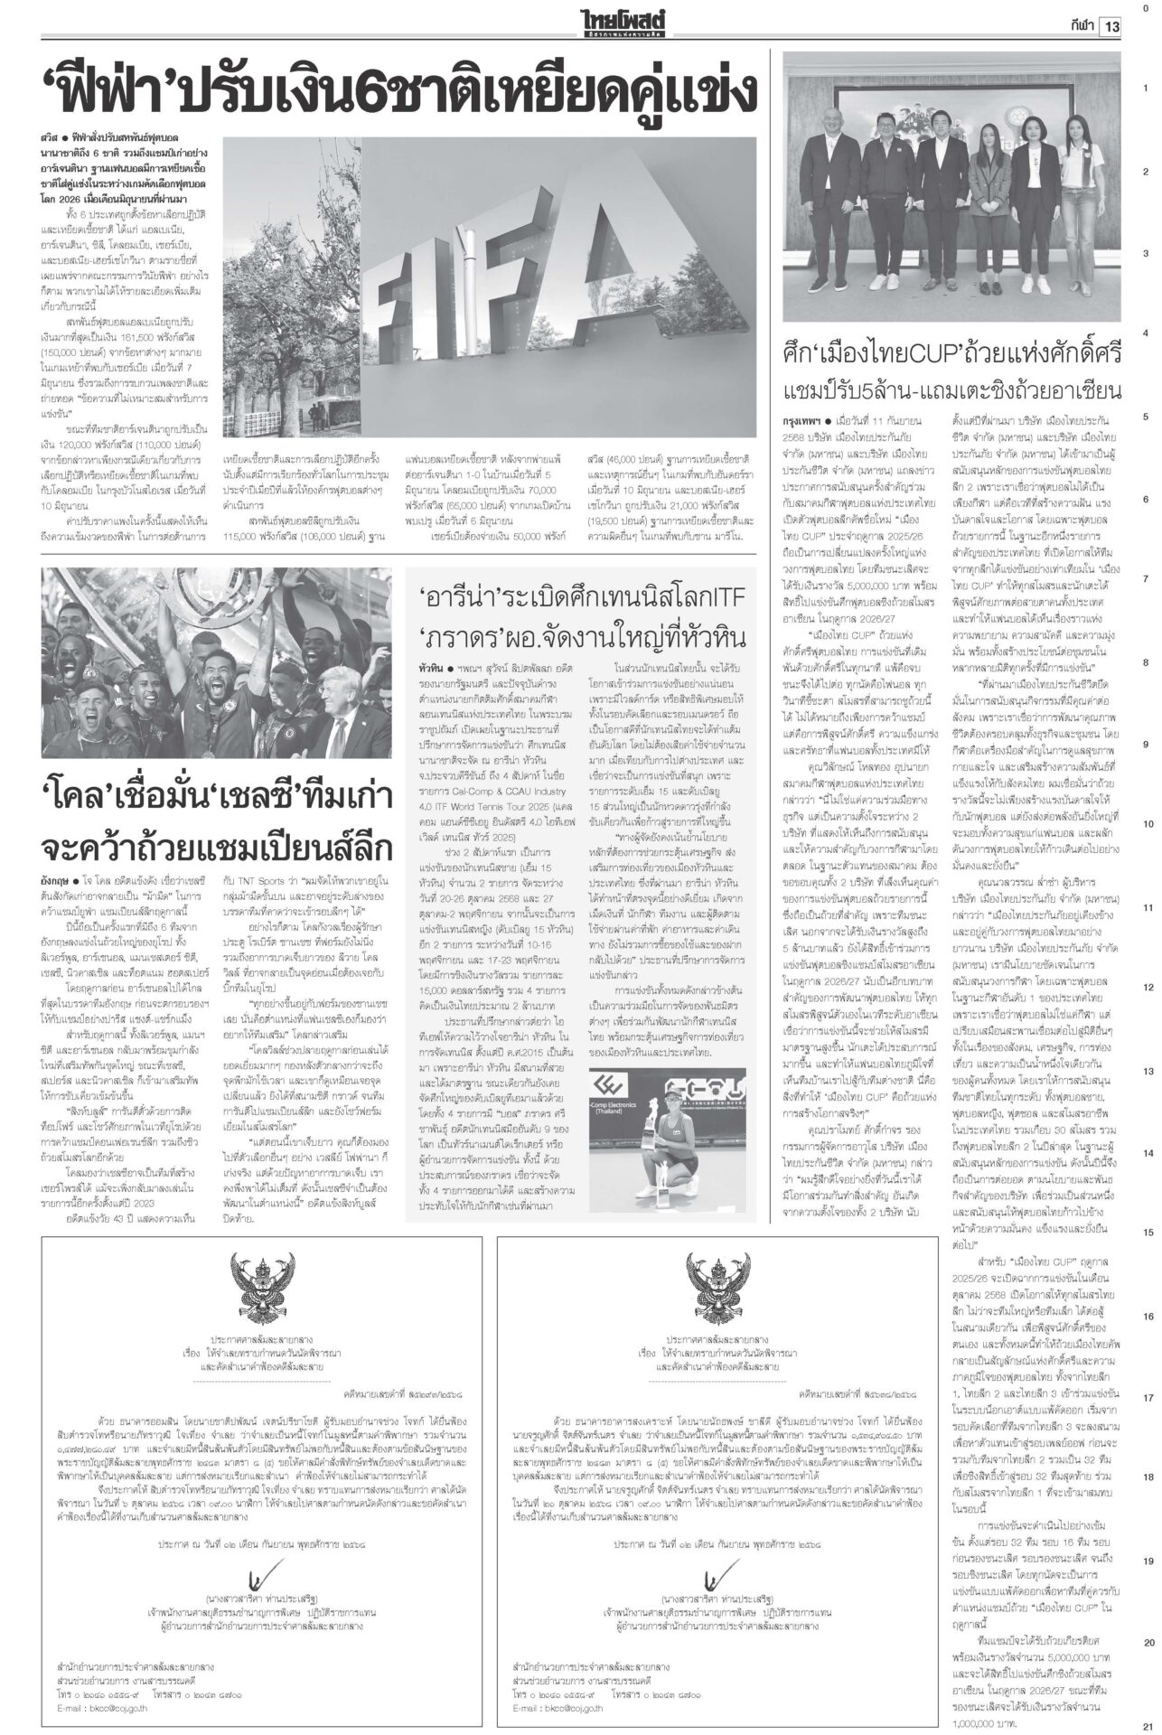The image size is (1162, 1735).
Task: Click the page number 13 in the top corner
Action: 1110,27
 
